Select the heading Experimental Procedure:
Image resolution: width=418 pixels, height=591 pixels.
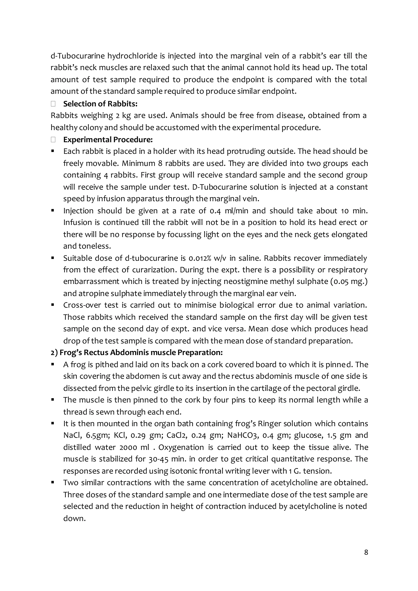(x=108, y=140)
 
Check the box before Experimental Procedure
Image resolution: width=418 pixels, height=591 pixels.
(x=53, y=140)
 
